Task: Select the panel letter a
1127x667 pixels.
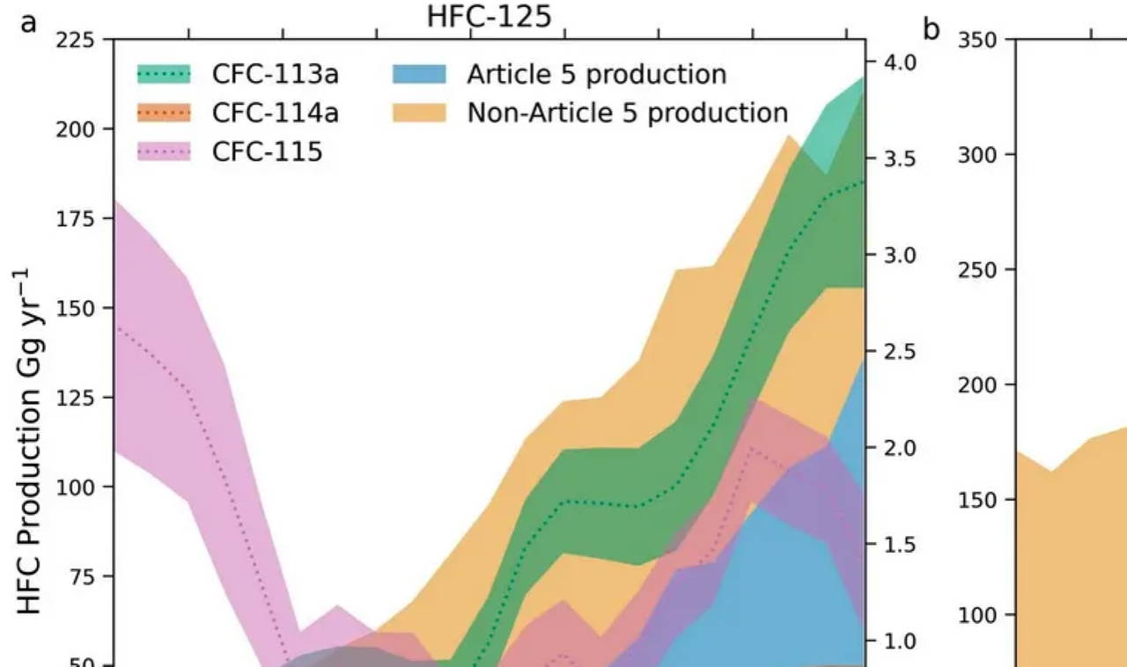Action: (x=29, y=22)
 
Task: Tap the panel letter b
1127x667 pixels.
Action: (x=932, y=29)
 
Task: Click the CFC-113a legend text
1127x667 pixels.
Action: (x=275, y=75)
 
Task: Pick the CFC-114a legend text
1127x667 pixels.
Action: (x=275, y=114)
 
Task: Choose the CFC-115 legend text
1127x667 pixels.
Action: (x=267, y=152)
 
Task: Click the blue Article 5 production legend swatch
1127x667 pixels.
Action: (x=421, y=75)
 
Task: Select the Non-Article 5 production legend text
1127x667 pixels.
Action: (x=627, y=114)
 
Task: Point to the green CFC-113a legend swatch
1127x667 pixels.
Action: (x=165, y=75)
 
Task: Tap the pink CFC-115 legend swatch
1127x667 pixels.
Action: (x=165, y=152)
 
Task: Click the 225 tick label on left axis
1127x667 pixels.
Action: (x=77, y=40)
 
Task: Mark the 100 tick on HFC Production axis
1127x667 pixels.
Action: (x=77, y=487)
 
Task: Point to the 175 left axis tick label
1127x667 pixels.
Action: (x=77, y=218)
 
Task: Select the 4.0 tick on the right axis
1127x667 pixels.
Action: (x=900, y=62)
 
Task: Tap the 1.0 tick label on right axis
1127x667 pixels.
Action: (x=900, y=641)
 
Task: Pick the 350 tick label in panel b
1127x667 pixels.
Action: (x=977, y=40)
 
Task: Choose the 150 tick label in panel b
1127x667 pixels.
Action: (x=977, y=500)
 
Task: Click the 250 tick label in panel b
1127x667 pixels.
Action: (x=977, y=270)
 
